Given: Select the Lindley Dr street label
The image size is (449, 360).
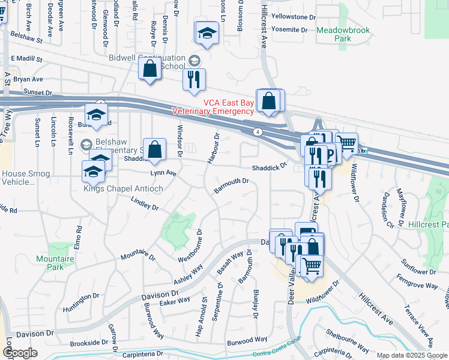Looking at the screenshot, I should point(144,204).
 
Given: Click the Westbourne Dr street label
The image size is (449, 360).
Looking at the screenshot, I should point(190,244).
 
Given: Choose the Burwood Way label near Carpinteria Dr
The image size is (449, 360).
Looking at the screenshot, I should point(247,340).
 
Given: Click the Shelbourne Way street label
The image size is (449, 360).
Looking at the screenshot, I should point(348,339).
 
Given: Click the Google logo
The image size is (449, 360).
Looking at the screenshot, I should point(20,353).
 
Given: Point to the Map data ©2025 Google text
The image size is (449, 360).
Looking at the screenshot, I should point(412,355).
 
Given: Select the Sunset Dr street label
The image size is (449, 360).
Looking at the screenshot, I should point(38,92).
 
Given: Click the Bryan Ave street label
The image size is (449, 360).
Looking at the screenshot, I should point(29,79).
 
